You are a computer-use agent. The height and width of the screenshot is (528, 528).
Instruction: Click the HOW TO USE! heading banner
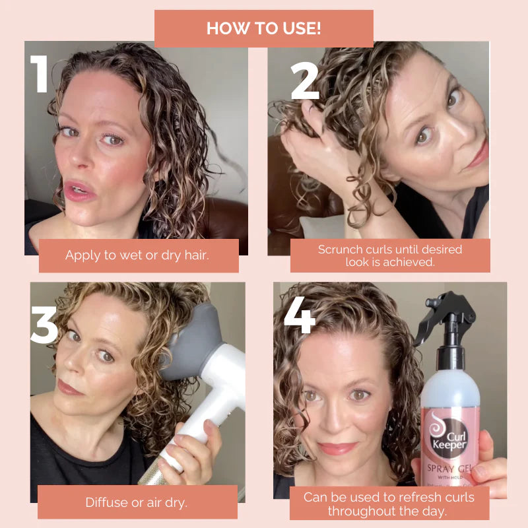[x=264, y=28]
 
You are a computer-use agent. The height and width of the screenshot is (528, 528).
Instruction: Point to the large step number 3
[x=44, y=321]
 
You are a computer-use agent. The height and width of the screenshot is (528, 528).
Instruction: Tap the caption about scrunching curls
[x=389, y=255]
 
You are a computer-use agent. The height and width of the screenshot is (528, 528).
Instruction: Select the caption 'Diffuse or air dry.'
[x=137, y=502]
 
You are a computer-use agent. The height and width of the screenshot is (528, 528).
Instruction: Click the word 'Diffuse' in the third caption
[x=108, y=502]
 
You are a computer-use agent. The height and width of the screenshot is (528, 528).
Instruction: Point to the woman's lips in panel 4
[x=339, y=448]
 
